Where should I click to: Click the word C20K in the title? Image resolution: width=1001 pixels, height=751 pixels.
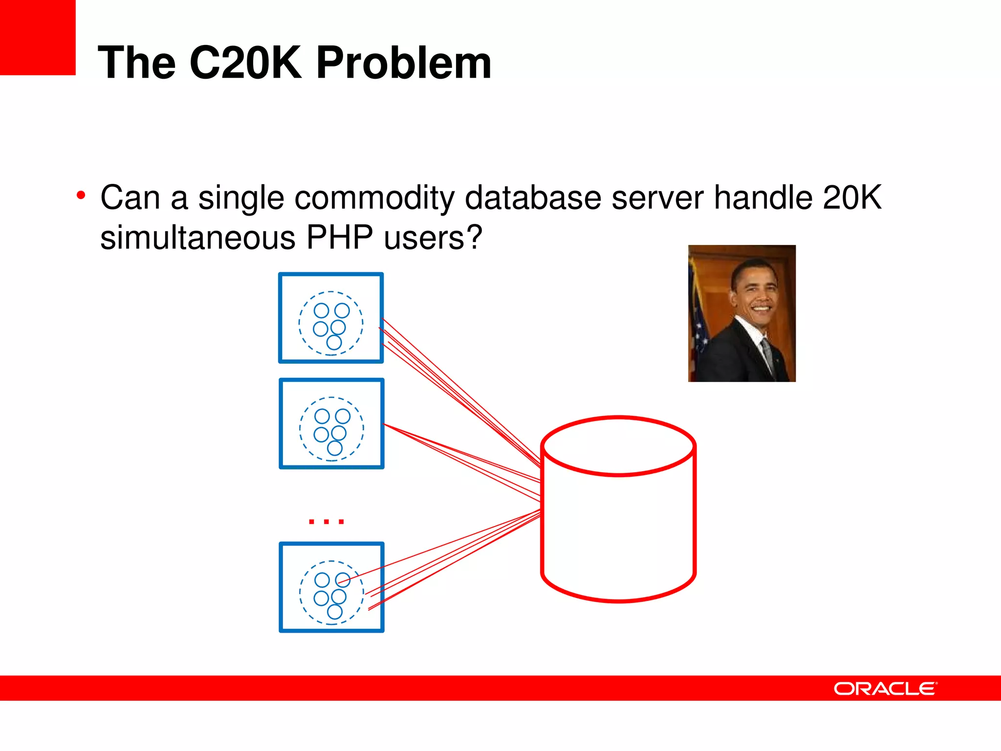(245, 63)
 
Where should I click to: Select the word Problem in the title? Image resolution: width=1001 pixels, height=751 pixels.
(404, 63)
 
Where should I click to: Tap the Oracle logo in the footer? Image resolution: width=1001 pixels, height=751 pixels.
(885, 688)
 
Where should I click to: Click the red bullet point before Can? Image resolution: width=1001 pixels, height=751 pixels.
(81, 196)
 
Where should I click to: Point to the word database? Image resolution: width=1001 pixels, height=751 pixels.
(533, 198)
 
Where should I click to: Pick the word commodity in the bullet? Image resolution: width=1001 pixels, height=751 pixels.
(374, 199)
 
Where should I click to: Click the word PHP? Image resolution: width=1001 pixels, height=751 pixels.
(340, 238)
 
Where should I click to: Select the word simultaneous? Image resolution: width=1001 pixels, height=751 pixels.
(197, 238)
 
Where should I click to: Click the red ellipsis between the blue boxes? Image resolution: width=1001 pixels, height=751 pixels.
(326, 521)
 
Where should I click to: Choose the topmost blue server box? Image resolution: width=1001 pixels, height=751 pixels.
(331, 318)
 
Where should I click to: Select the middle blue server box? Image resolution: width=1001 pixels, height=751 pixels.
(331, 423)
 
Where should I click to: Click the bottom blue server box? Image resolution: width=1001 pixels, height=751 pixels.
(331, 587)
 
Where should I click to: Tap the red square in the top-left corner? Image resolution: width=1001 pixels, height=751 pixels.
(38, 37)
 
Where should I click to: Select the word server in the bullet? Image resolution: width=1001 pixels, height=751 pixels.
(657, 198)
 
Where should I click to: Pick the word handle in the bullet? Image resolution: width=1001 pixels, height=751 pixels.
(762, 198)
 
